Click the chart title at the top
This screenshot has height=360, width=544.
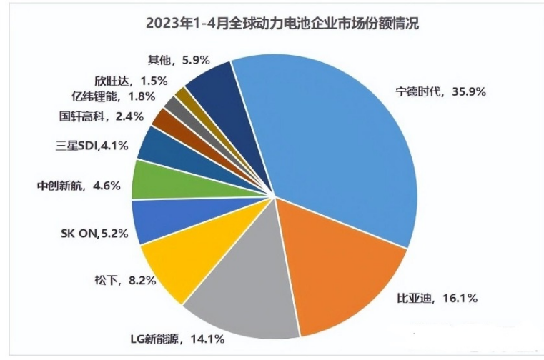[272, 22]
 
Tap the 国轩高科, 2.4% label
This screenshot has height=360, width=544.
[102, 115]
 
